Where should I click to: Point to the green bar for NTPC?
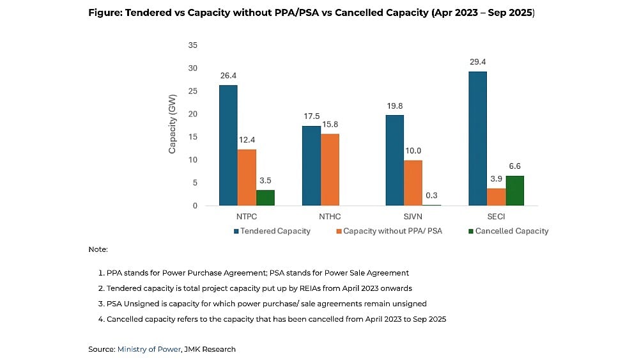tap(265, 198)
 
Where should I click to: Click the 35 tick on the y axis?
tap(192, 45)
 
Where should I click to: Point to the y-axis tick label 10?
tap(192, 160)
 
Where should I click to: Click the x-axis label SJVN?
tap(413, 217)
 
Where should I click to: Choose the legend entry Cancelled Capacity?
tap(511, 231)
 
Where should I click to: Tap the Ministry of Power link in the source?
tap(148, 349)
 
